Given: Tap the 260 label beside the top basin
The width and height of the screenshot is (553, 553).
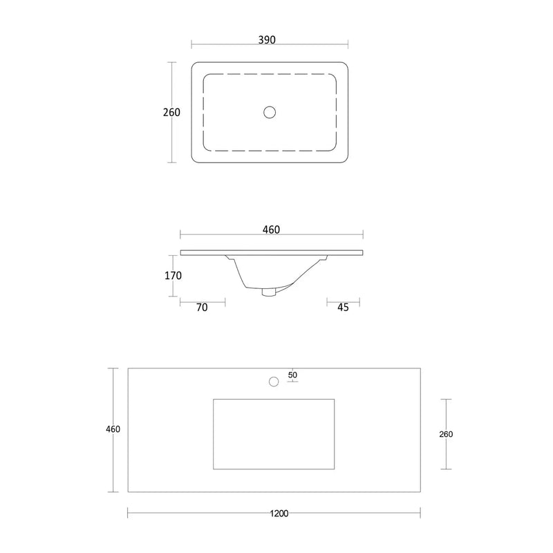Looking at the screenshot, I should tap(172, 112).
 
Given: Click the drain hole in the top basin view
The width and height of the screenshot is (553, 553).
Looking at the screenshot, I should tap(270, 111).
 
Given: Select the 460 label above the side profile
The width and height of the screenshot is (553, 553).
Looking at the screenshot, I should tap(272, 229).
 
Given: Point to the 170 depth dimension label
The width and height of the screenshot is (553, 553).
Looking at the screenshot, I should tap(173, 275).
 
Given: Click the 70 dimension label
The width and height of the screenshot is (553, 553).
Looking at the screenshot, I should tap(202, 308).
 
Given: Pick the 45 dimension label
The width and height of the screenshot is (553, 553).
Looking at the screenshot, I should tap(343, 308).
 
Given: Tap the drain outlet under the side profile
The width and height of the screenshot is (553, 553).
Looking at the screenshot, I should tap(269, 292).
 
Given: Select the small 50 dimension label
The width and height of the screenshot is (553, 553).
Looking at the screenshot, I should tap(292, 375).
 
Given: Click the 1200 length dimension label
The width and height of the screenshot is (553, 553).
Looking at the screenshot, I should tap(280, 513).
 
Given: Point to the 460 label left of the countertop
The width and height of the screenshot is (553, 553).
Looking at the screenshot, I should tap(113, 429).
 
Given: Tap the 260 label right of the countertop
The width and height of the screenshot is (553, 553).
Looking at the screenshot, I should tap(446, 434).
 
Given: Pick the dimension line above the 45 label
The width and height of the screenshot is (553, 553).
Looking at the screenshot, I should tap(343, 300).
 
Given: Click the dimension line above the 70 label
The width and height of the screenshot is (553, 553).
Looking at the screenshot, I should tap(202, 300).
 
